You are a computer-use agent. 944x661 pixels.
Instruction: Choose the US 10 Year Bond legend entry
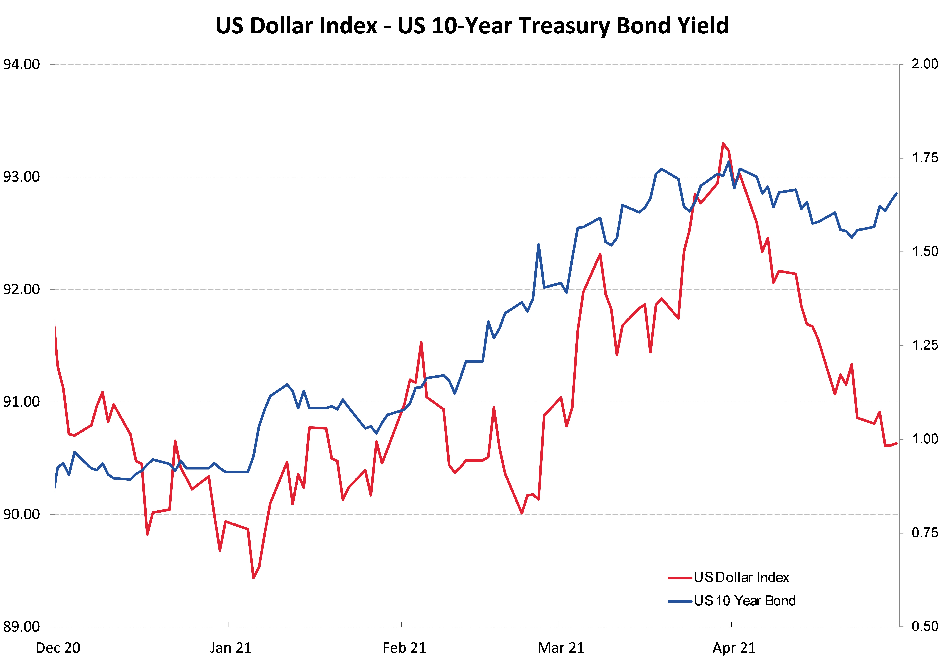tap(744, 601)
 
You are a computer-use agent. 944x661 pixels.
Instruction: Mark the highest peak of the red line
tap(723, 144)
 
